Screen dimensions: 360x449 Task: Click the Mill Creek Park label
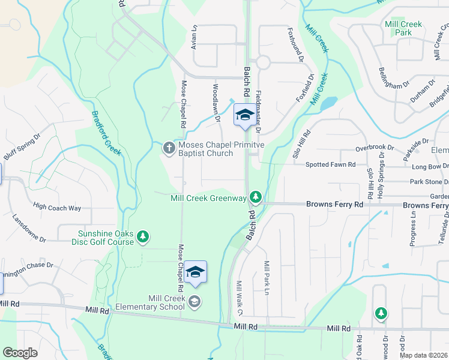[403, 29]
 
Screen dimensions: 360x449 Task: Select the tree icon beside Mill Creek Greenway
[256, 197]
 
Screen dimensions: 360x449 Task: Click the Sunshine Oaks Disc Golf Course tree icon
[143, 237]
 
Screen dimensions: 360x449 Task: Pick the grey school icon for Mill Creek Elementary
[194, 301]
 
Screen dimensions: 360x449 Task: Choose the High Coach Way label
[57, 208]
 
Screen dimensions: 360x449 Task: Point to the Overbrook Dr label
[374, 147]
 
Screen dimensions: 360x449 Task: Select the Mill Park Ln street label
[266, 278]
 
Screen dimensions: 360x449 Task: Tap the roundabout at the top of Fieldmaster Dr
[262, 62]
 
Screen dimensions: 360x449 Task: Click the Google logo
[20, 353]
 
